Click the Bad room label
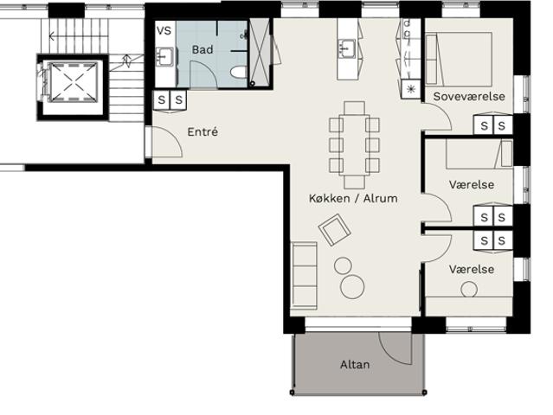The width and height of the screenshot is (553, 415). click(x=203, y=49)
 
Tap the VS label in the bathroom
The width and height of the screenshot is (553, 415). click(x=164, y=31)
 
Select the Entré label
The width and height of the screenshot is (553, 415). click(x=203, y=132)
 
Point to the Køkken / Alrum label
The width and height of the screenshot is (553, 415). click(x=353, y=198)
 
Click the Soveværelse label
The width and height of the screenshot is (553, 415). click(x=469, y=97)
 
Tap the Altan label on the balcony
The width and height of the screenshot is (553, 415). click(x=355, y=364)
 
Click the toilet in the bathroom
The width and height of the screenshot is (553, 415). click(x=238, y=73)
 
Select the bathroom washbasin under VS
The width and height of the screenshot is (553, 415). click(x=164, y=57)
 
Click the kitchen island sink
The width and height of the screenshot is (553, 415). click(x=347, y=49)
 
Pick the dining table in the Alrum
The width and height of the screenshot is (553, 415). click(x=355, y=144)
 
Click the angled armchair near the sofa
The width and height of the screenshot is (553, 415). click(x=334, y=230)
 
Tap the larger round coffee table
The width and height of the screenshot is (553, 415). click(x=352, y=287)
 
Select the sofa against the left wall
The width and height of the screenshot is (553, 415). click(x=304, y=276)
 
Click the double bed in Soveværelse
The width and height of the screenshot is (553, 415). click(x=459, y=59)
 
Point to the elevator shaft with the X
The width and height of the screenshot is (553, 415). click(x=73, y=82)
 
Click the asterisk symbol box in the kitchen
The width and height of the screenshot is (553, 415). click(x=411, y=89)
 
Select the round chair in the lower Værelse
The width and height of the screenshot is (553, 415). click(x=469, y=290)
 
